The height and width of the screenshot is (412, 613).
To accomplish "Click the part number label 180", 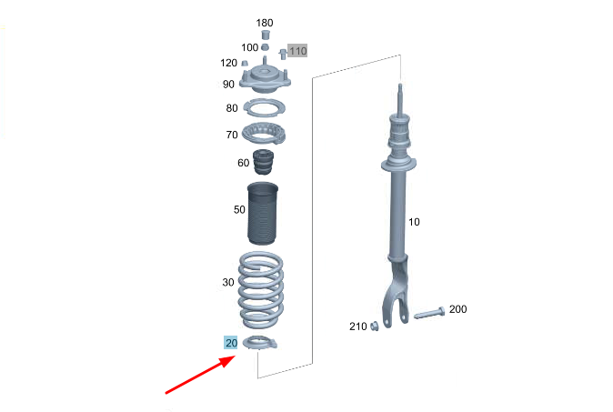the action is [x=265, y=23].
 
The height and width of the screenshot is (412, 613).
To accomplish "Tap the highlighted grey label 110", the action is [x=297, y=51].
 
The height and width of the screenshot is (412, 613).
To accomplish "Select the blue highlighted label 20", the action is [x=231, y=343].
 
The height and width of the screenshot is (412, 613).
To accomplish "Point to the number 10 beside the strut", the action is [x=414, y=222].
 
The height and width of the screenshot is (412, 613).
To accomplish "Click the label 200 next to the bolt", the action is [x=457, y=309].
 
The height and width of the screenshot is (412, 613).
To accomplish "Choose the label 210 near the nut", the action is [x=358, y=327].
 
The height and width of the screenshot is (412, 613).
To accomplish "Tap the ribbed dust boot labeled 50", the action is [x=263, y=214].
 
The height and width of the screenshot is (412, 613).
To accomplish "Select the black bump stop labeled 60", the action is [x=263, y=162].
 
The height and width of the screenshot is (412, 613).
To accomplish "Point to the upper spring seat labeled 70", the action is [x=264, y=134].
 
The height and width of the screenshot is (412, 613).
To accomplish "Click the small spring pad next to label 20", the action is [x=260, y=343].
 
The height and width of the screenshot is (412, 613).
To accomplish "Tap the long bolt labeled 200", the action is [x=429, y=314].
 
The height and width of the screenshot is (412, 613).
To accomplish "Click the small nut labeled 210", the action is [x=374, y=326].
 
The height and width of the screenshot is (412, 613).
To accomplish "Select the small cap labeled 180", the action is [x=266, y=35].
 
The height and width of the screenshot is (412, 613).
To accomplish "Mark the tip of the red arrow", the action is [x=236, y=357].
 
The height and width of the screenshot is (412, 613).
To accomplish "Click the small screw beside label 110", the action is [x=283, y=54].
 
